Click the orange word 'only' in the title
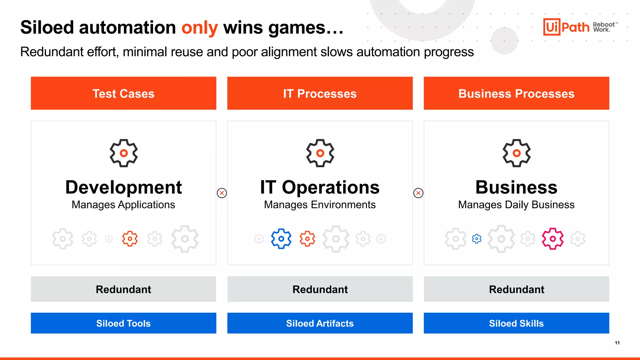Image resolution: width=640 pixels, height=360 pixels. [199, 27]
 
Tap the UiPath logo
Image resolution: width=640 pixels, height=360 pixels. [566, 27]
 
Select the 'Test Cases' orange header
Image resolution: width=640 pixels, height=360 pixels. [123, 93]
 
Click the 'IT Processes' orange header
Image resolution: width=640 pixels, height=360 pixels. [320, 93]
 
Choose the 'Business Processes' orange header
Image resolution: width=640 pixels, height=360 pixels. [516, 93]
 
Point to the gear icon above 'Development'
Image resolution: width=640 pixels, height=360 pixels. [124, 153]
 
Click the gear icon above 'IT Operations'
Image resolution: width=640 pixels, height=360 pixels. [320, 153]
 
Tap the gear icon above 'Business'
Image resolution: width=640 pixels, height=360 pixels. [517, 153]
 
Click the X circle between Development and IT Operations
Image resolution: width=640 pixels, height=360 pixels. [222, 193]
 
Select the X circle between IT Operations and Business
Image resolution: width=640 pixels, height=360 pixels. [418, 193]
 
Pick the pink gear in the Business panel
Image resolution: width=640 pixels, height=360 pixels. [552, 239]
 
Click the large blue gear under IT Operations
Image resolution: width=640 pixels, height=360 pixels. [281, 239]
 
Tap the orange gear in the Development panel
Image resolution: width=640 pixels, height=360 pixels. [130, 239]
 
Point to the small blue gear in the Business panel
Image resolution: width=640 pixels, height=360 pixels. [477, 239]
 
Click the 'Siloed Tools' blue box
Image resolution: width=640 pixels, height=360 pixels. [123, 323]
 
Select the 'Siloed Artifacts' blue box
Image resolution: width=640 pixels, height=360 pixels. [320, 323]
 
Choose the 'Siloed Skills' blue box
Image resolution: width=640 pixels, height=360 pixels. [516, 323]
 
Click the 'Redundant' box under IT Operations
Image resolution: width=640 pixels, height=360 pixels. [320, 289]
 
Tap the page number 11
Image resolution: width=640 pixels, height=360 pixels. [617, 343]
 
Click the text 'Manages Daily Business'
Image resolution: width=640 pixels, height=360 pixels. [516, 205]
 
